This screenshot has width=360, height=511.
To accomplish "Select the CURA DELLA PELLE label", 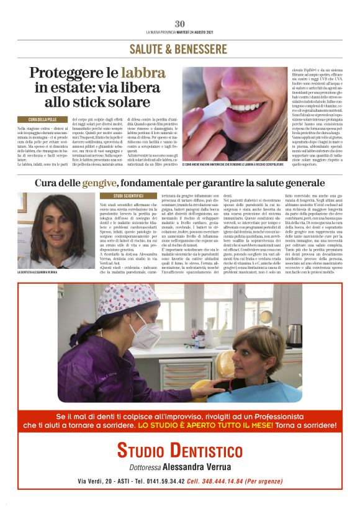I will (46, 119).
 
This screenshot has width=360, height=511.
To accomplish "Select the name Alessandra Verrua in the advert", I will (200, 466).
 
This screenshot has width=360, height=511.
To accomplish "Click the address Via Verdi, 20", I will (97, 481).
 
